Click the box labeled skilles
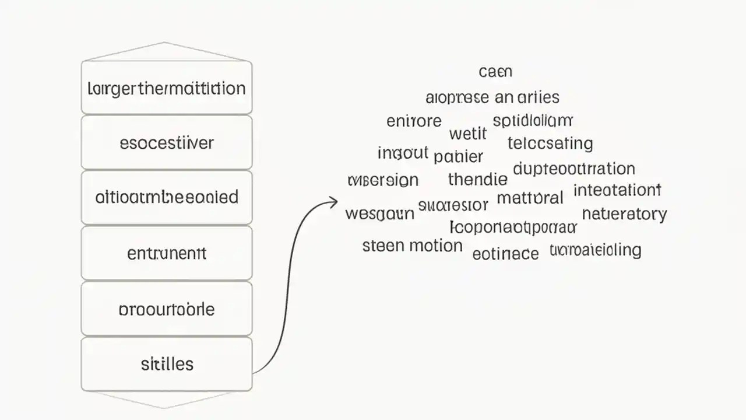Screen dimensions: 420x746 coord(167,364)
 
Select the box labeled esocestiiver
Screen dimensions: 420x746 coord(167,142)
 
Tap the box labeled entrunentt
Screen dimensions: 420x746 coord(167,253)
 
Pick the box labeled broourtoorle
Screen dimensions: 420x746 coord(167,309)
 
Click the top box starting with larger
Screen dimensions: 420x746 coord(167,89)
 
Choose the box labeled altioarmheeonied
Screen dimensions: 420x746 coord(167,197)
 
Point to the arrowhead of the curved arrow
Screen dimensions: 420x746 coord(334,202)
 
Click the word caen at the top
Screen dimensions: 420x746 coord(495,72)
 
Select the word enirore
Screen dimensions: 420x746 coord(414,121)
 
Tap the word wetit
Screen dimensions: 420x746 coord(467,134)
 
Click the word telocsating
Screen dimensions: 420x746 coord(550,143)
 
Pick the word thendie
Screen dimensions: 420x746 coord(477,179)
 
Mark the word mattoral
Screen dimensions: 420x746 coord(530,198)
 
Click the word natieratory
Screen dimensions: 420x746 coord(624,214)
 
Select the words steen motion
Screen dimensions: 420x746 coord(412,246)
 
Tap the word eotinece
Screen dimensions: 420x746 coord(505,253)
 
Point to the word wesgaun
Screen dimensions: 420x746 coord(379,213)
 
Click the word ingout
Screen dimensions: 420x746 coord(403,153)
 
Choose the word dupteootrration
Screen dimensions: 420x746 coord(574,169)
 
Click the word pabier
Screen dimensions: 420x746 coord(458,156)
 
